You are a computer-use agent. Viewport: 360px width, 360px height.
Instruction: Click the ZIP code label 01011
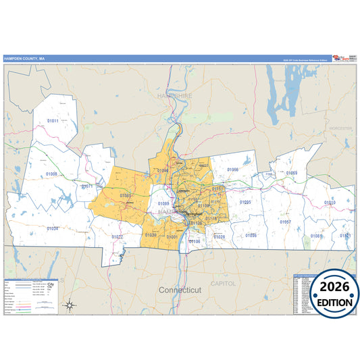click(53, 121)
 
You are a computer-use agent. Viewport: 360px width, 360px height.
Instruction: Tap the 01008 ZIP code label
click(51, 174)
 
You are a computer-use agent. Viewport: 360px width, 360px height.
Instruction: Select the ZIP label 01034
click(52, 228)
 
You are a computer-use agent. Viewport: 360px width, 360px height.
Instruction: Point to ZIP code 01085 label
click(125, 195)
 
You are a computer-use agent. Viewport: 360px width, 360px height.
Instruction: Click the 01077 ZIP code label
click(118, 237)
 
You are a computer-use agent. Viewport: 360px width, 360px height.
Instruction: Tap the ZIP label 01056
click(233, 170)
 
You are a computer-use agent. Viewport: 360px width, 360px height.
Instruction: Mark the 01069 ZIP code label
click(291, 173)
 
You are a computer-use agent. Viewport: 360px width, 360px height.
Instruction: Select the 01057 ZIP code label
click(286, 222)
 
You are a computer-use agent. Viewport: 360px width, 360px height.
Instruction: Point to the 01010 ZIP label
click(330, 202)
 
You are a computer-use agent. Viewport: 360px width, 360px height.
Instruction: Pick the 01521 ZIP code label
click(345, 236)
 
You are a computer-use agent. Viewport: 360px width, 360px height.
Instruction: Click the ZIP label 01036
click(251, 236)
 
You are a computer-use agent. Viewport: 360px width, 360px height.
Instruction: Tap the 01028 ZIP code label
click(220, 236)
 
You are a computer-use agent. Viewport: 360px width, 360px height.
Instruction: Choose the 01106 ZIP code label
click(195, 241)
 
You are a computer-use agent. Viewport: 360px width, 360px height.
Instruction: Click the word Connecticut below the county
click(180, 289)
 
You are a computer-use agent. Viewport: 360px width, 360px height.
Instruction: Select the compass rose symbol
click(69, 306)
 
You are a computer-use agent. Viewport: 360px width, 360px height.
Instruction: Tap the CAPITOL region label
click(223, 284)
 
